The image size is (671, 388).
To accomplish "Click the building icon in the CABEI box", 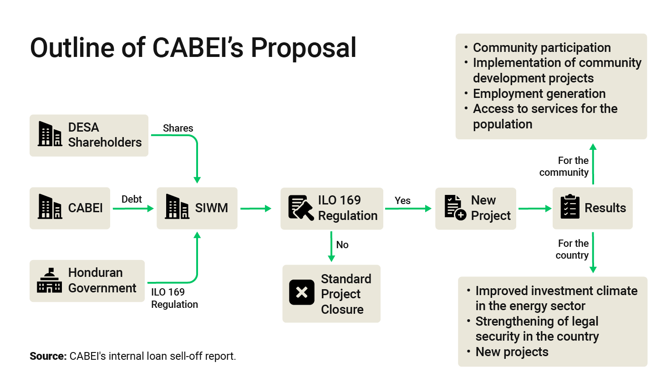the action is tap(50, 206).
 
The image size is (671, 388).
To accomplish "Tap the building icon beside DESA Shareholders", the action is tap(50, 133).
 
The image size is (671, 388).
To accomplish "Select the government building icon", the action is tap(50, 280).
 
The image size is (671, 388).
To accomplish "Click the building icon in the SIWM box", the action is tap(177, 206).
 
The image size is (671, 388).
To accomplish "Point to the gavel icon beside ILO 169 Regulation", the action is tap(301, 208).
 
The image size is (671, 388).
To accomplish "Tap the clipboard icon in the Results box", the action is tap(570, 206).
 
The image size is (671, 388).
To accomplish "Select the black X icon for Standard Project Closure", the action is tap(302, 292).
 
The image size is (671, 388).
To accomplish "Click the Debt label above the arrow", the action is tap(132, 199).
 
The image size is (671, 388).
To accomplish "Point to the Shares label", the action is tap(178, 128).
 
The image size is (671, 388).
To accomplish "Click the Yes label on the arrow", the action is tap(402, 200).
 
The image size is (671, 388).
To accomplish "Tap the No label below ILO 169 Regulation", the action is tap(342, 245).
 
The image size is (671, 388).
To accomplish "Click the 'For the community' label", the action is tap(564, 166).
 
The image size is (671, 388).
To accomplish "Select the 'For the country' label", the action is tap(572, 249).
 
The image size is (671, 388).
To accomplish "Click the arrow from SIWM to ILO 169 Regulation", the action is tap(256, 209).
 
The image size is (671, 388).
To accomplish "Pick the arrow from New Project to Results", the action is tap(535, 209).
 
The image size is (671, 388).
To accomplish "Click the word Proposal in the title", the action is tap(304, 48).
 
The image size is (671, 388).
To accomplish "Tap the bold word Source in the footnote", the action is tap(48, 356).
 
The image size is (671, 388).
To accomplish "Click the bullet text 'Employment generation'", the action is tap(539, 93).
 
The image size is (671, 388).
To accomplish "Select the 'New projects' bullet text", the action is tap(512, 352).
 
